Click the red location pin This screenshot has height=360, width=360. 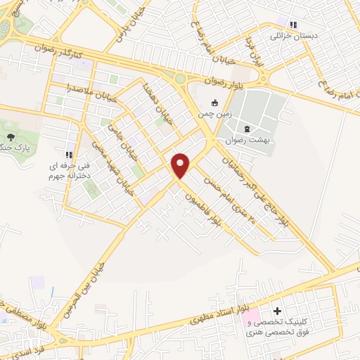pyautogui.click(x=181, y=165)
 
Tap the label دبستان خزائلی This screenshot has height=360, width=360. pyautogui.click(x=290, y=34)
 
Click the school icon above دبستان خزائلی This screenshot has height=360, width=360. pyautogui.click(x=283, y=22)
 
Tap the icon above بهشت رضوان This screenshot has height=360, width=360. pyautogui.click(x=247, y=129)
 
